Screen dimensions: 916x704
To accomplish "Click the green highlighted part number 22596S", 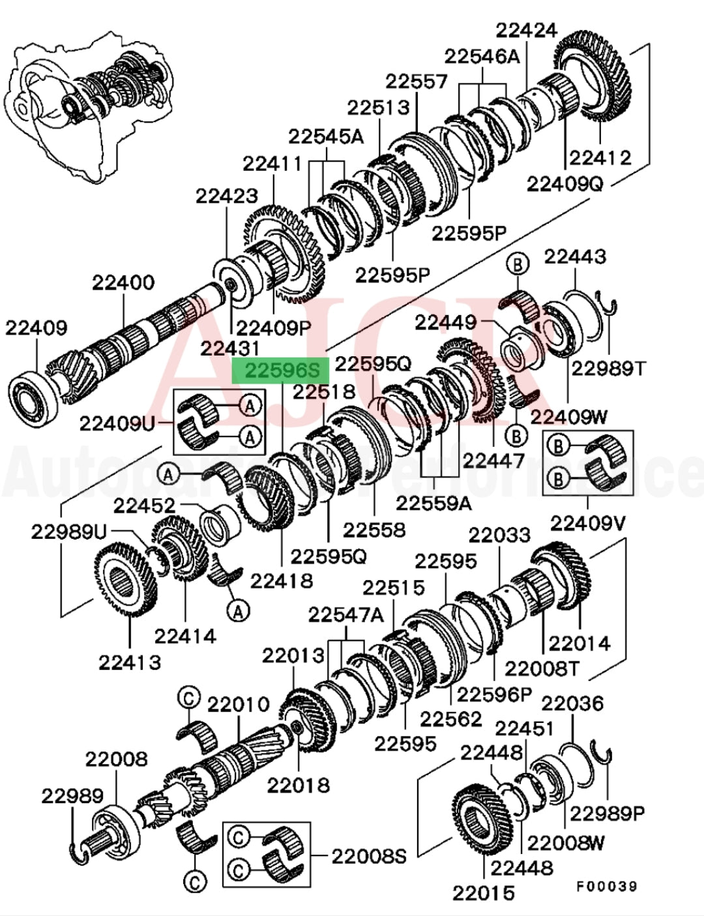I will coord(282,371).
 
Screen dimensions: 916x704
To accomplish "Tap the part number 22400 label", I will coord(123,282).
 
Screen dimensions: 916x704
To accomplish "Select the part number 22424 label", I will coord(527,30).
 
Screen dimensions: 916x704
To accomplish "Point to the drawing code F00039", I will coord(606,886).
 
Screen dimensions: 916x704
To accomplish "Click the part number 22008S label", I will coord(369,855).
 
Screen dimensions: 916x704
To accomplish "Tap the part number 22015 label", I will coord(484,892).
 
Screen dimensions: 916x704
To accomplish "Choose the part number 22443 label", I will coord(575,256).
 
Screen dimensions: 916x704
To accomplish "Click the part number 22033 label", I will coord(499,535).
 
